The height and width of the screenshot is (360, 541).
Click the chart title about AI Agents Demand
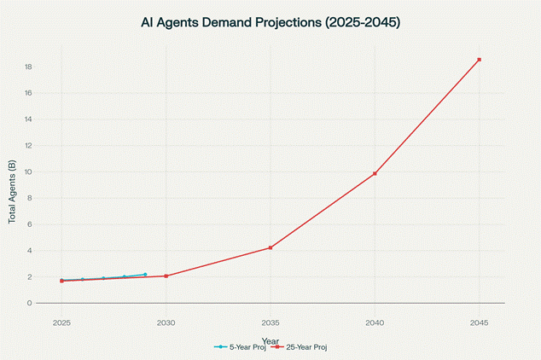pos(270,23)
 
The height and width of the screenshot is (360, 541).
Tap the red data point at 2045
pos(480,60)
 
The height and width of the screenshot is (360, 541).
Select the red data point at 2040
pos(375,173)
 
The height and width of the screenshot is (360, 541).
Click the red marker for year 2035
pos(270,247)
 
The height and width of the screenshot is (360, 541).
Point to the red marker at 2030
pos(166,276)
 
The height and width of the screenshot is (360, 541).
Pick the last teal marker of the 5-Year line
pos(145,275)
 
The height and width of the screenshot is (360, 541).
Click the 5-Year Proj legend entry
pos(241,347)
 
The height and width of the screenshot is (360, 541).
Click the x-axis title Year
pos(270,340)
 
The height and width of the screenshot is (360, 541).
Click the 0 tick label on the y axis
pos(30,303)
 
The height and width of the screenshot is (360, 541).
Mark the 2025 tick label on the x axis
pos(61,323)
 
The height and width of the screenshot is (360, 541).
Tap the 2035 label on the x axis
pos(270,323)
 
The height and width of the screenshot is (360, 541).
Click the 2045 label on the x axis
pos(480,323)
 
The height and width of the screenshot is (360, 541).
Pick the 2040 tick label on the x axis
pos(375,323)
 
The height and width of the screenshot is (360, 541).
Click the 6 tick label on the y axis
pos(30,224)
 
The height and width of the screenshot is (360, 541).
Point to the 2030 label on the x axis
pos(166,323)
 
